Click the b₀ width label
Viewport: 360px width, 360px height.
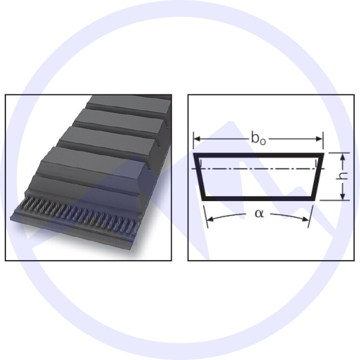coord(259,138)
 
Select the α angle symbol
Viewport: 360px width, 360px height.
coord(259,214)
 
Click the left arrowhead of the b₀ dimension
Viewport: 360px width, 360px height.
coord(197,138)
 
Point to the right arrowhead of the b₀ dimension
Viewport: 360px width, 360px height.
coord(319,138)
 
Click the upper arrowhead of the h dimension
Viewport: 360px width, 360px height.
coord(342,158)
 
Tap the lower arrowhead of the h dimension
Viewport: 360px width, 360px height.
coord(342,196)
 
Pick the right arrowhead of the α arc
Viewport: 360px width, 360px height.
coord(306,219)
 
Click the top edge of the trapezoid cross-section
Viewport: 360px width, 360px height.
coord(259,155)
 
